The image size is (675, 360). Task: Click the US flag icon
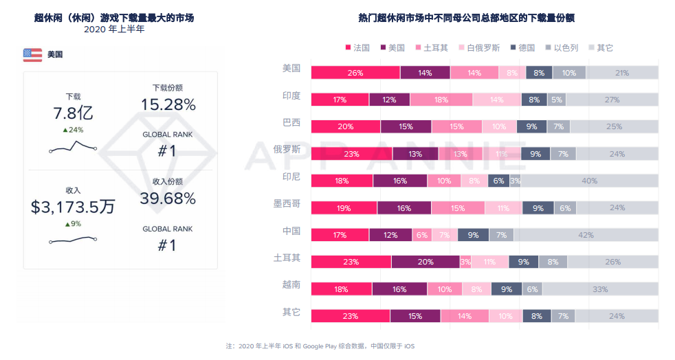pyautogui.click(x=32, y=54)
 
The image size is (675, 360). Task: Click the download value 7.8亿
pyautogui.click(x=73, y=113)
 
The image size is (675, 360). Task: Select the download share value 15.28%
pyautogui.click(x=168, y=104)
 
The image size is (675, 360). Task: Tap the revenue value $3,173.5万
pyautogui.click(x=73, y=207)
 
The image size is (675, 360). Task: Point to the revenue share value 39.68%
pyautogui.click(x=168, y=199)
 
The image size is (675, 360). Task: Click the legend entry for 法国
pyautogui.click(x=357, y=47)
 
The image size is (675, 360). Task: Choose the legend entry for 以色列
pyautogui.click(x=562, y=47)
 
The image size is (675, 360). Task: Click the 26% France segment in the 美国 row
pyautogui.click(x=355, y=73)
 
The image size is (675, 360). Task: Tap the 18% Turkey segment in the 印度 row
pyautogui.click(x=441, y=100)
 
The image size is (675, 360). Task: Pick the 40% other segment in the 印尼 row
pyautogui.click(x=589, y=181)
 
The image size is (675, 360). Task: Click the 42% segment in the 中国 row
pyautogui.click(x=586, y=235)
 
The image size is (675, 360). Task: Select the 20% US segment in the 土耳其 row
pyautogui.click(x=425, y=262)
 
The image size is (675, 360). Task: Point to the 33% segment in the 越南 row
pyautogui.click(x=599, y=289)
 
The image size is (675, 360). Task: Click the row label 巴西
pyautogui.click(x=291, y=122)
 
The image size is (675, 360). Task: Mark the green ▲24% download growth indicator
pyautogui.click(x=73, y=130)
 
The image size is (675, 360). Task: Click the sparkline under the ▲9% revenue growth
pyautogui.click(x=73, y=239)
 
